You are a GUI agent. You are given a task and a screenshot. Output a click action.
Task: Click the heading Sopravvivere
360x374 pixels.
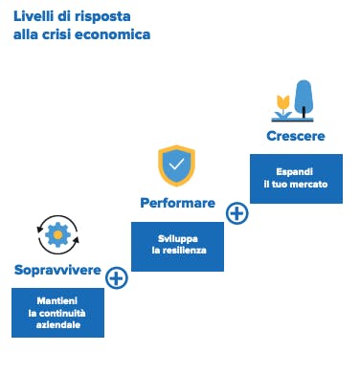tap(57, 270)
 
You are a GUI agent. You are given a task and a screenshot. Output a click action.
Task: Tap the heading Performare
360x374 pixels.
tap(178, 203)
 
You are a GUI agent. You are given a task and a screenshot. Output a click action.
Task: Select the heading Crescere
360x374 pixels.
tap(296, 136)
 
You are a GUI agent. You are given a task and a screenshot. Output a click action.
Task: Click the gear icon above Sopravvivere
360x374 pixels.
tap(57, 235)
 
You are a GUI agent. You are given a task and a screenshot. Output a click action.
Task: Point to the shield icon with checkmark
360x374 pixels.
tap(176, 165)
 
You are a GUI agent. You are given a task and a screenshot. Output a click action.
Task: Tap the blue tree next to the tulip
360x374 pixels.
tap(304, 99)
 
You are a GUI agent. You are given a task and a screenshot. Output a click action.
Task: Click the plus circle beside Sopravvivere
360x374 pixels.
tap(117, 278)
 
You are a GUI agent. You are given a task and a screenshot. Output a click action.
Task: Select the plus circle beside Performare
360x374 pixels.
tap(236, 213)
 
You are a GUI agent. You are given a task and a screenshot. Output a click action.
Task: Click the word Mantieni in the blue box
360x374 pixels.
tap(57, 300)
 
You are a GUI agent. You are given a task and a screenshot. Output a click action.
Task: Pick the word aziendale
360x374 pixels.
tap(58, 325)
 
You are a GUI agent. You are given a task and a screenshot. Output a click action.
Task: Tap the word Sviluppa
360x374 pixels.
tap(178, 239)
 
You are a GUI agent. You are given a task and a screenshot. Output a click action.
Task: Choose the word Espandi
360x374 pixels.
tap(294, 172)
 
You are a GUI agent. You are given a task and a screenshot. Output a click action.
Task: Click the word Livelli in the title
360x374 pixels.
tap(34, 16)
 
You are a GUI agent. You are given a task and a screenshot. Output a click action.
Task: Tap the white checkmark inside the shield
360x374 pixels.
tap(176, 164)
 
